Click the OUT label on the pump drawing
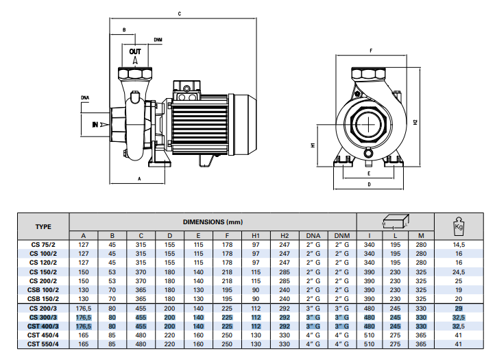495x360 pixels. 135,51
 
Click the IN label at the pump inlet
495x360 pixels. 95,125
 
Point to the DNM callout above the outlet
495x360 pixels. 158,40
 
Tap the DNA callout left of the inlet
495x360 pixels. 85,98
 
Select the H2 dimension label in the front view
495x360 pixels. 415,122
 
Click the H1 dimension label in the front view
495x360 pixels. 313,145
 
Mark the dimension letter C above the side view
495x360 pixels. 180,14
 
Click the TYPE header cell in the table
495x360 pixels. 43,227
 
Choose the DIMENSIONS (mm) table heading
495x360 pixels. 213,222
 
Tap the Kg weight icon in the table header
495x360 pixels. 459,226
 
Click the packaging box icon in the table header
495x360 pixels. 396,221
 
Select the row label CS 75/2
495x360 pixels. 43,245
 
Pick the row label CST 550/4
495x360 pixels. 43,344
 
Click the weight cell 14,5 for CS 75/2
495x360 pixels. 459,245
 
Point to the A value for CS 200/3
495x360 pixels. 84,309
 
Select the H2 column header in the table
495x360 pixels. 285,236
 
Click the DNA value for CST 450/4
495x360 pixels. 313,335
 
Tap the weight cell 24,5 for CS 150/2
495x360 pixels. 459,272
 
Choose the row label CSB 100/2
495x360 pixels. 43,290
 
